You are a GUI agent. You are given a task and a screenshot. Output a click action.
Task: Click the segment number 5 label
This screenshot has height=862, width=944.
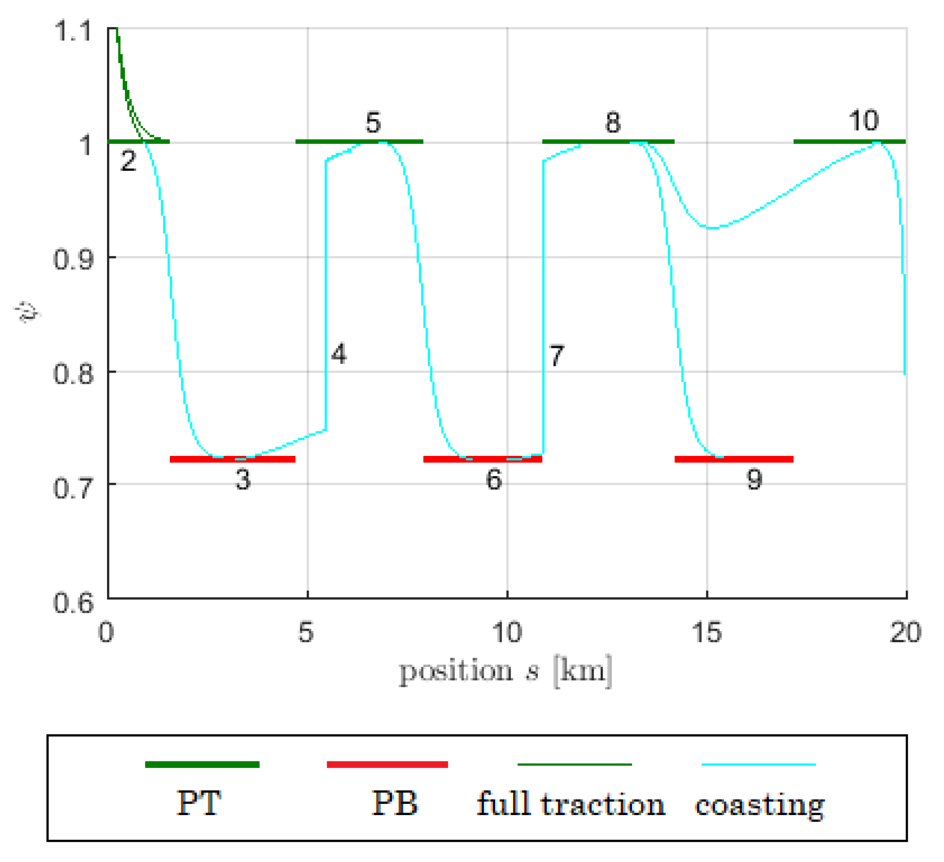click(373, 123)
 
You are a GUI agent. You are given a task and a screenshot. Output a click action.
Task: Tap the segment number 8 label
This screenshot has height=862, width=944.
click(613, 123)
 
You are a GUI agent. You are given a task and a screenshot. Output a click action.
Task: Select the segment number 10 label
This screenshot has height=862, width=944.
click(864, 121)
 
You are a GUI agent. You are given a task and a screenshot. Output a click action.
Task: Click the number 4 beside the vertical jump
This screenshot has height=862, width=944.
click(339, 354)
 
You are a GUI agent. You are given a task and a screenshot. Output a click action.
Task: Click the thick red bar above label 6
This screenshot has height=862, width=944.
click(482, 459)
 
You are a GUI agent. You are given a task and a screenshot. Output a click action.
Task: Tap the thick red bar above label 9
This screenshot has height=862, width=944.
click(734, 459)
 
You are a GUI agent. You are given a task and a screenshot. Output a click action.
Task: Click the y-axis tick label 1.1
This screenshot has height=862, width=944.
click(73, 32)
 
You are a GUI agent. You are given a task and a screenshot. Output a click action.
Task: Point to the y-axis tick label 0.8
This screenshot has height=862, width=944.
click(73, 374)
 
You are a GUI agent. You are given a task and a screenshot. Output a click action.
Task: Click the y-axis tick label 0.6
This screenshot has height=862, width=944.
click(73, 603)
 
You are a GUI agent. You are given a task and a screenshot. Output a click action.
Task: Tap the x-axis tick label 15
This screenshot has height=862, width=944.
click(707, 632)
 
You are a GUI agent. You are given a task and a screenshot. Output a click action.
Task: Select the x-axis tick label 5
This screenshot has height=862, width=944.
click(306, 632)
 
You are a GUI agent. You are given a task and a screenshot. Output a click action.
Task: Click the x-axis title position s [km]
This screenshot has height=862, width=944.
click(505, 671)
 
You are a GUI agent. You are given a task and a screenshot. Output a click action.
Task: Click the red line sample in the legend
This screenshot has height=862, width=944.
click(387, 764)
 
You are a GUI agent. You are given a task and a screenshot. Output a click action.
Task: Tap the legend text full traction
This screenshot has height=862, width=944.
click(570, 804)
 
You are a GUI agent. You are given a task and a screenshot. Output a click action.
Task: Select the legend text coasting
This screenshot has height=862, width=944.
click(759, 806)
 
